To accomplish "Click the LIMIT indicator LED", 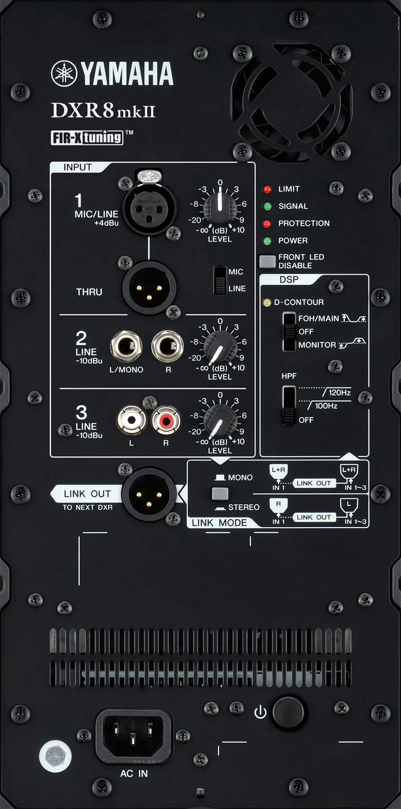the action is coord(267,189).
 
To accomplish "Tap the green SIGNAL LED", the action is coord(267,206).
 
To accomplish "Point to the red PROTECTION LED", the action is coord(267,223).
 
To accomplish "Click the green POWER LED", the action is coord(267,241).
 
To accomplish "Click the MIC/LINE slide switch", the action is coord(220,280).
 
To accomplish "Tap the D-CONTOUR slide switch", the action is coord(289,332).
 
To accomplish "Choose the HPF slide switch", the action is coord(289,405).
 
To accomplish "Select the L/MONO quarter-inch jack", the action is coord(126,347).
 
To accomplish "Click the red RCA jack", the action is coord(166,421).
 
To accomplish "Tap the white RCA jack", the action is coord(132,421).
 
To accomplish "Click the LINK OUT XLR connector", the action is coord(149,494).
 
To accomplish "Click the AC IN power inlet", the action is coord(134,736).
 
